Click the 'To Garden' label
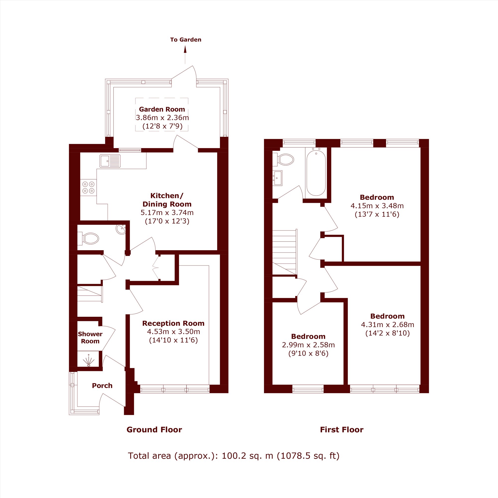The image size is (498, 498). coord(186,40)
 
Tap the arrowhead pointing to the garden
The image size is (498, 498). coord(185,50)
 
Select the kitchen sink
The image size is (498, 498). coord(110,161)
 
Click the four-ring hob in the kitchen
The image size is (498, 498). coord(88,187)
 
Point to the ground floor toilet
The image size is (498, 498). coord(88,239)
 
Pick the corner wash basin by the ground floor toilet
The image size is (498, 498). coord(121,229)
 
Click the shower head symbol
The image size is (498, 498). coord(88,360)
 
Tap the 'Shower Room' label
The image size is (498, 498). coord(90,337)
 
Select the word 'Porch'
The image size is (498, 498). coord(102,386)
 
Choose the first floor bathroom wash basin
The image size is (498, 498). coord(278,178)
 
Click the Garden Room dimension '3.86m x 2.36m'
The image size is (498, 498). coord(162,118)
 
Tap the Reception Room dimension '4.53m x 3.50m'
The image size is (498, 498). coord(174,331)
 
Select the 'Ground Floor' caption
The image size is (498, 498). coord(154,430)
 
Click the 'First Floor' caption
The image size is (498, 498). coord(342,430)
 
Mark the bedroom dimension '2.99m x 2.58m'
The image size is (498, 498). coord(308,345)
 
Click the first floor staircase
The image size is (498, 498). coord(285,252)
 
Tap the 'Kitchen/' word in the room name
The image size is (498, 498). coord(167,196)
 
